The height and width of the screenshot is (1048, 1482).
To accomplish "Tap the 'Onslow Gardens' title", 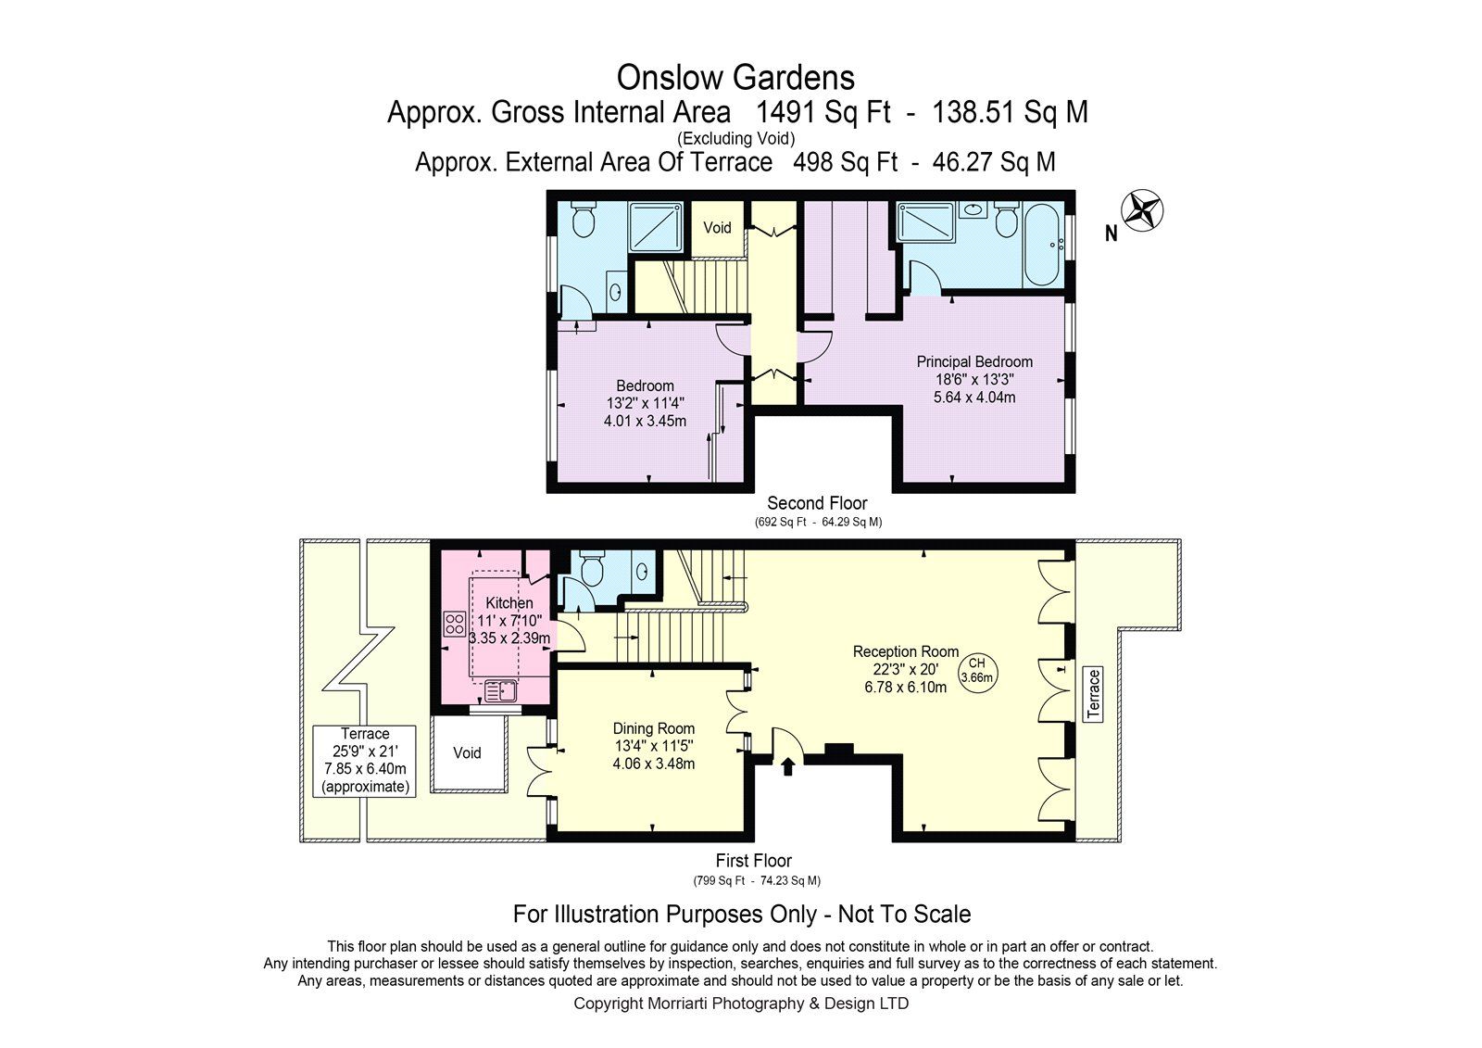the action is coord(735,78).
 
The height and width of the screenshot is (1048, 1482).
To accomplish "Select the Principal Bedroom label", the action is coord(973,361).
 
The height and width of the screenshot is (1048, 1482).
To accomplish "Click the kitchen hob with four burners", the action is coord(454,624).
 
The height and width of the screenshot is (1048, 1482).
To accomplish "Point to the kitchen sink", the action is coord(501,691).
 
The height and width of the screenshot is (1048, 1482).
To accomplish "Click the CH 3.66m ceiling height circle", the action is coord(977,670).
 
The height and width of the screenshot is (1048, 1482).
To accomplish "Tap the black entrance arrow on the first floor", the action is coord(787,766).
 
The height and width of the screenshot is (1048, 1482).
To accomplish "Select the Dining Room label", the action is coord(654,728).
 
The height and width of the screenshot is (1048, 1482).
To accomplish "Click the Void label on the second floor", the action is coord(717,228).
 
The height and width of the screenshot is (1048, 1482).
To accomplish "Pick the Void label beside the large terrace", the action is coord(467,752).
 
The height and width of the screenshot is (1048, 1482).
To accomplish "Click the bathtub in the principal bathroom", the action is coord(1043,245).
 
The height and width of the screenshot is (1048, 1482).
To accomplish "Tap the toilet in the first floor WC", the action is coord(590,569).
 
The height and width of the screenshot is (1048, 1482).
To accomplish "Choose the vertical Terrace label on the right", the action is coord(1093,694).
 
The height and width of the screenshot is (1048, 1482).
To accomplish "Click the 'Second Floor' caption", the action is coord(817,502).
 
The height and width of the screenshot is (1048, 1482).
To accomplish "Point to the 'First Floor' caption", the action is coord(754,861).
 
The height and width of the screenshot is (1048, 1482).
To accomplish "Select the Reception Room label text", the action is coord(906,651).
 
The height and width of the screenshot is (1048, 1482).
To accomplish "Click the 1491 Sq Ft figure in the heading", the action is coord(823,112).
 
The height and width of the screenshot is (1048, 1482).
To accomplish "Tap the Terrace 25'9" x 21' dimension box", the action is coord(365,761).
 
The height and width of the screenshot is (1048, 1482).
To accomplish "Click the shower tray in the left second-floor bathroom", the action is coord(655,227).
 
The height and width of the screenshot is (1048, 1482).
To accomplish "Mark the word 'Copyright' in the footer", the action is coord(608,1004).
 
